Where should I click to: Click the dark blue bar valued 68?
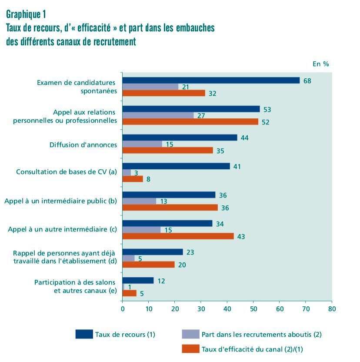pos(211,80)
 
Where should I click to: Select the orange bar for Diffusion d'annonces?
pos(168,150)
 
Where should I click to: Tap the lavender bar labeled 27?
pos(158,115)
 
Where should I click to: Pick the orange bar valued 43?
pos(178,236)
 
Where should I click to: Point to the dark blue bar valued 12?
pos(138,281)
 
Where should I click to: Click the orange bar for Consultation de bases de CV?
pos(133,179)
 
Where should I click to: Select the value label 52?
pos(265,122)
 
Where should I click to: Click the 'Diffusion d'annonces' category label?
pos(83,144)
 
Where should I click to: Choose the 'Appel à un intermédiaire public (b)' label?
pos(61,201)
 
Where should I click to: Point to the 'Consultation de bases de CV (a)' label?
pos(67,172)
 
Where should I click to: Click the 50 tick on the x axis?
pos(253,309)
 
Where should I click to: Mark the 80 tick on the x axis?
pos(332,309)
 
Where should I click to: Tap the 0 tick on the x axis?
pos(123,309)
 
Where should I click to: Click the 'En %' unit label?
pos(321,64)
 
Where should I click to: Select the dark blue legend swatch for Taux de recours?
pos(84,334)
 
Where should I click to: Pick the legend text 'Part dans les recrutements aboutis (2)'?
pos(261,334)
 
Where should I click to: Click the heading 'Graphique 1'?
pos(26,14)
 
